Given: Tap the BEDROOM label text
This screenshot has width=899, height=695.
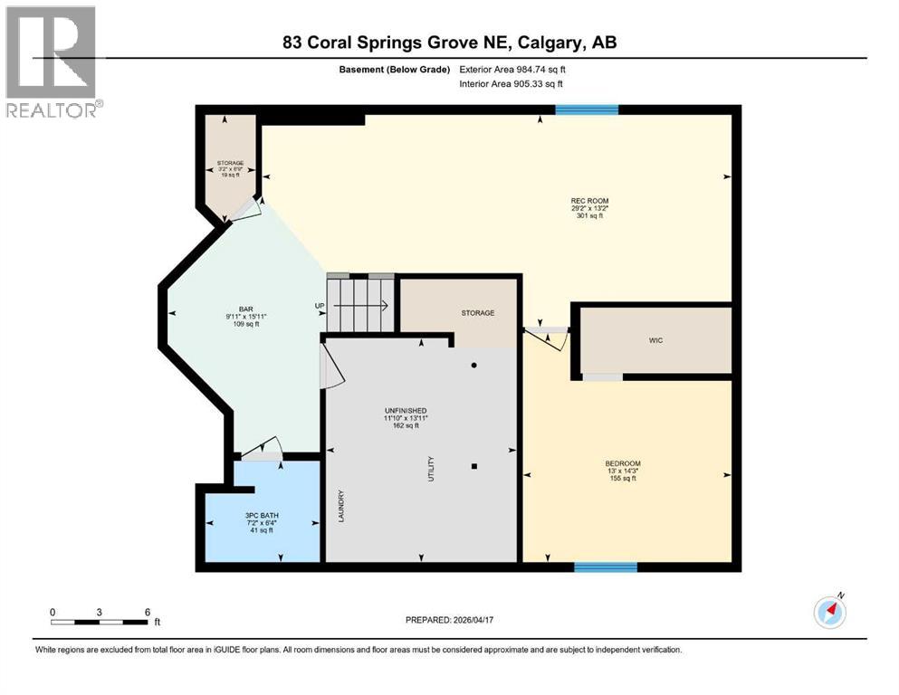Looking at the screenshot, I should tap(622, 464).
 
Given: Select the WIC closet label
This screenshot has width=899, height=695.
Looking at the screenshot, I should tap(656, 340).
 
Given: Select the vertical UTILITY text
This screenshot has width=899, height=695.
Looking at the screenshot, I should tap(431, 467).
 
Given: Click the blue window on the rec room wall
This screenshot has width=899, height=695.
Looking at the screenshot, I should tap(587, 109).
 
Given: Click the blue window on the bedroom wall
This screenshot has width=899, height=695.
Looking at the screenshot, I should tap(605, 567).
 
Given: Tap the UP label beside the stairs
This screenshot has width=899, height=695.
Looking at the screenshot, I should tap(320, 306).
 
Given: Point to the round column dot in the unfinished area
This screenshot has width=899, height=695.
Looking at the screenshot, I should tap(473, 366).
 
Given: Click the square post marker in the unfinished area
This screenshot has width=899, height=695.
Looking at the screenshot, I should tap(474, 467).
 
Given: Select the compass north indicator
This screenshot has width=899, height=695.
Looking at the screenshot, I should tap(830, 613).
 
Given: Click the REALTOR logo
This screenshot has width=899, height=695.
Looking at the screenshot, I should tap(53, 61).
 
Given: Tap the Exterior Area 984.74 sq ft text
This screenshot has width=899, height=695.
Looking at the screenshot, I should tap(516, 69).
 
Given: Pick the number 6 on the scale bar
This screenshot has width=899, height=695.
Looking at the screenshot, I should tap(147, 612).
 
